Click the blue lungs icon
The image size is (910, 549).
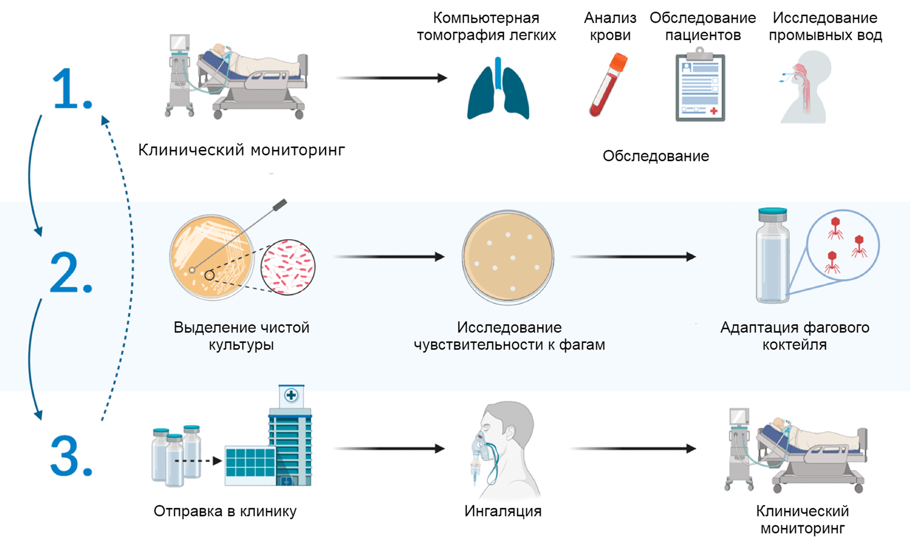[x=498, y=90]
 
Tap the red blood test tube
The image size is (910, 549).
[x=608, y=85]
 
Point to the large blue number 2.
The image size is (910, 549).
[x=70, y=273]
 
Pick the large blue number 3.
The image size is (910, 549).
[x=71, y=457]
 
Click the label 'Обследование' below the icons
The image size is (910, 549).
[x=655, y=156]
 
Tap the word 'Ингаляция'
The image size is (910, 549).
[x=503, y=511]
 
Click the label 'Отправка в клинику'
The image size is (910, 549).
[x=225, y=511]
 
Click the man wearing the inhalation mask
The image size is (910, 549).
[x=504, y=451]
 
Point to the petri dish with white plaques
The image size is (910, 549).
[x=508, y=258]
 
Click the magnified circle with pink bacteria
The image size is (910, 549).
[x=288, y=267]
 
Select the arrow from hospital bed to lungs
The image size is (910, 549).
[x=391, y=78]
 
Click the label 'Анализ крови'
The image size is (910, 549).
[x=610, y=26]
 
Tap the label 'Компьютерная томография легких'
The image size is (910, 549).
[x=486, y=26]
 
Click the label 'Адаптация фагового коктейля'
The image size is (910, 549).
[x=795, y=336]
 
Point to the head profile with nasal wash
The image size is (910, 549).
[x=805, y=87]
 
